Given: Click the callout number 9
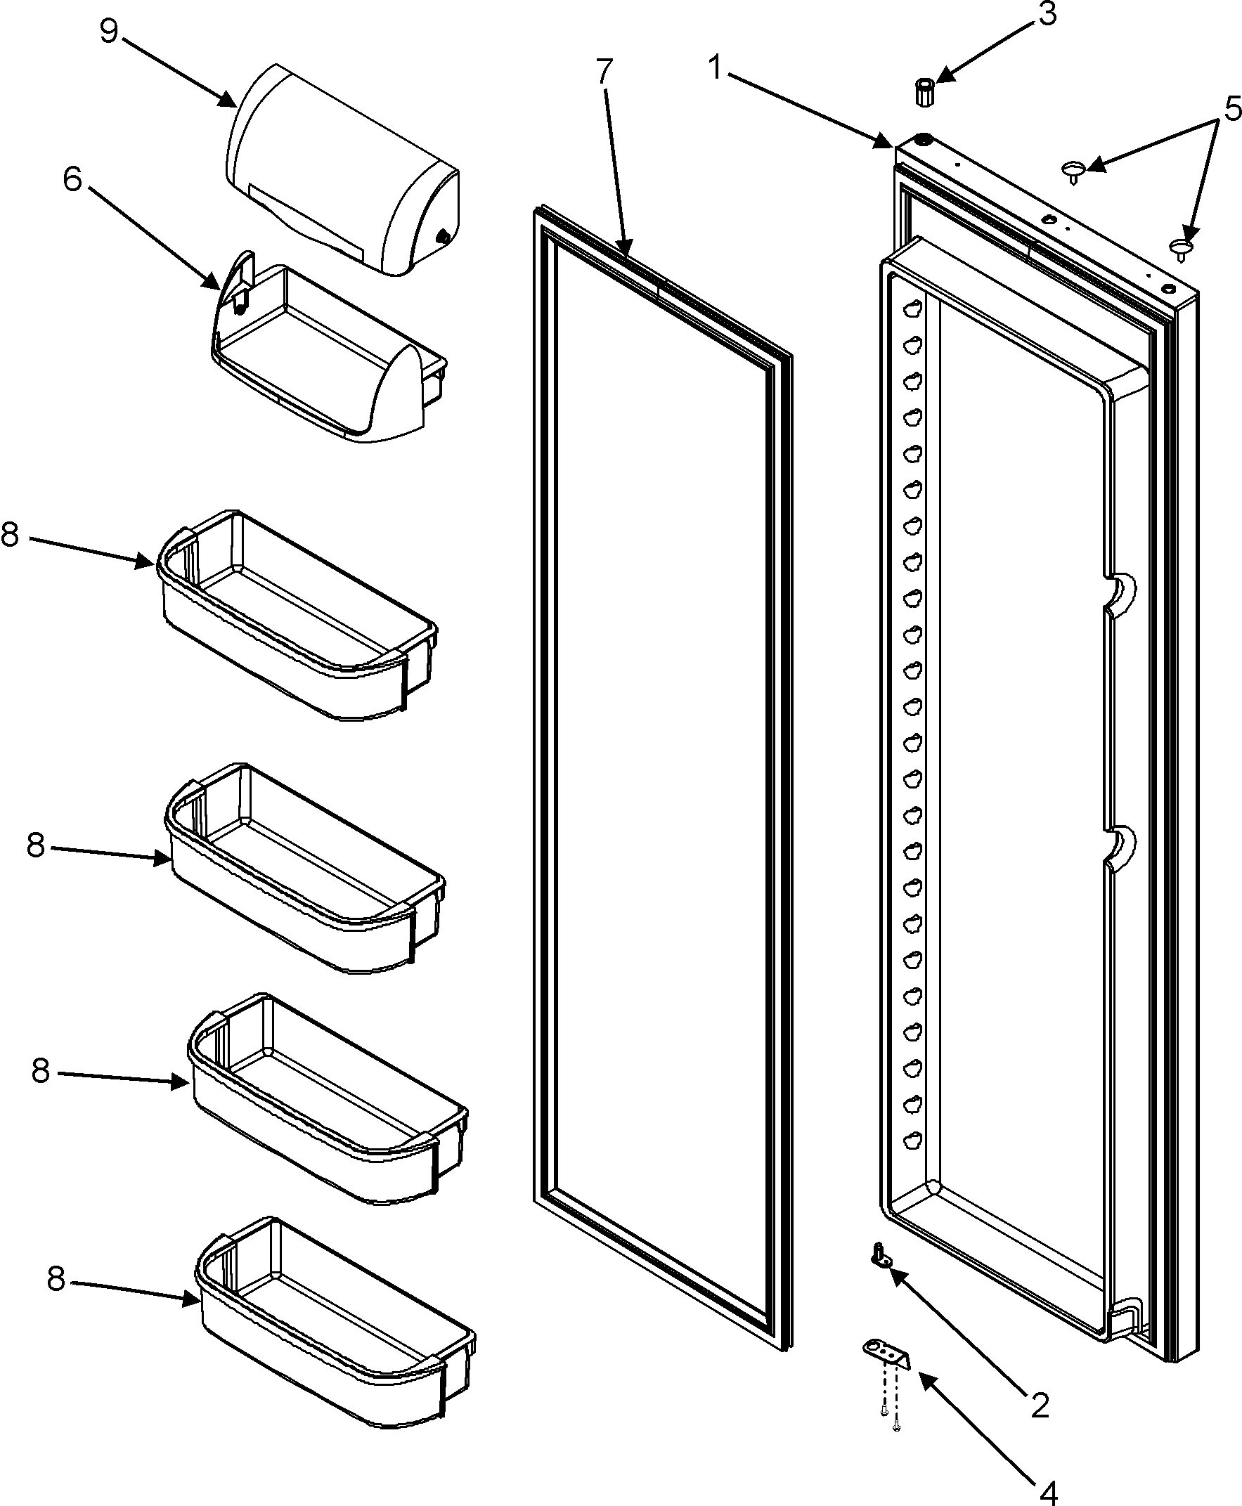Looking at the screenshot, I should pos(108,32).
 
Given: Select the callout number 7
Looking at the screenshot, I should pos(604,72).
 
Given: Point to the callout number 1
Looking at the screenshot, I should pos(716,68).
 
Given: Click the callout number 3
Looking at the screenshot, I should pos(1047,14).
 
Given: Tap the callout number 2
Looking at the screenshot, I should pos(1039,1385).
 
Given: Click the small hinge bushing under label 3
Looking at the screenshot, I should pos(925,93).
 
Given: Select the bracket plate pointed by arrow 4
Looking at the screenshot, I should pos(886,1354).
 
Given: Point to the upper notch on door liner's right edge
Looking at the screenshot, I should pos(1120,591).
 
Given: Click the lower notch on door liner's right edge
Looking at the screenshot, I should pos(1120,844).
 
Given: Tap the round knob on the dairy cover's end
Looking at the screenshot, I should pos(443,235).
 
